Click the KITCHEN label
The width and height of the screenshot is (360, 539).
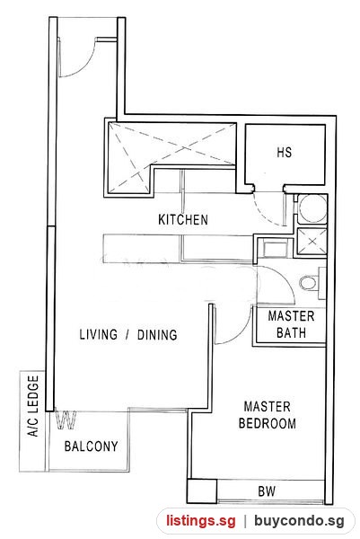point(183,219)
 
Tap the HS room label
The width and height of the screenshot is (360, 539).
point(284,152)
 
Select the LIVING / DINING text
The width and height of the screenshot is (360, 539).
point(128,334)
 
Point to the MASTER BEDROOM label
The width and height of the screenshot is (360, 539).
point(268,415)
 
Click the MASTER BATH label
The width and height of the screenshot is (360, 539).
point(291,324)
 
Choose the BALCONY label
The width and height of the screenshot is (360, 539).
point(91,446)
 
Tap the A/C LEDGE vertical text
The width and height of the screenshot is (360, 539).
point(33,406)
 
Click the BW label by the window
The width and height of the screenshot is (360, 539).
point(267,491)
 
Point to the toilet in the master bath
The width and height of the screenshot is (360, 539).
point(308,283)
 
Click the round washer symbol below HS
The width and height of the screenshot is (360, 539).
point(312,208)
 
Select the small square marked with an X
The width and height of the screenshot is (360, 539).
point(312,242)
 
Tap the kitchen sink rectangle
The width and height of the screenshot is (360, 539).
point(275,249)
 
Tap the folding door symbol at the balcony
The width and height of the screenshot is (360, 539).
point(66,420)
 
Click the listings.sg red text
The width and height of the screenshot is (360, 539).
point(201,520)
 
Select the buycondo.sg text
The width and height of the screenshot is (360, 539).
point(299,520)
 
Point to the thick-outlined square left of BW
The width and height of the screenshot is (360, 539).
point(202,490)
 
